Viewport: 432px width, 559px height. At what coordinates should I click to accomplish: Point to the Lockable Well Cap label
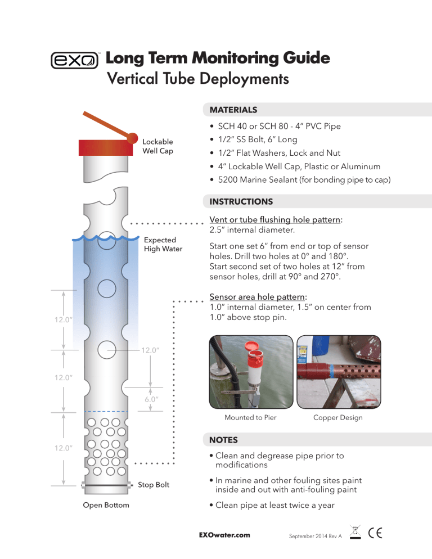tap(157, 146)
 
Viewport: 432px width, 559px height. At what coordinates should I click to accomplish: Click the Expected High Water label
tap(163, 244)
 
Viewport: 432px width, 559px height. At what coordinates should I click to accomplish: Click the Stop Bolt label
tap(154, 485)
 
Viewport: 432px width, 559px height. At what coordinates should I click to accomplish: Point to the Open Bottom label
tap(106, 505)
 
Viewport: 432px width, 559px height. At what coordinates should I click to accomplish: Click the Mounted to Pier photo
tap(250, 373)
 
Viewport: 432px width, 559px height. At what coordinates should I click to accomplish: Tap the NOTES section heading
tap(223, 440)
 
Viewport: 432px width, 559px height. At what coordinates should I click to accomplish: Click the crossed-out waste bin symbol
tap(354, 531)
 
